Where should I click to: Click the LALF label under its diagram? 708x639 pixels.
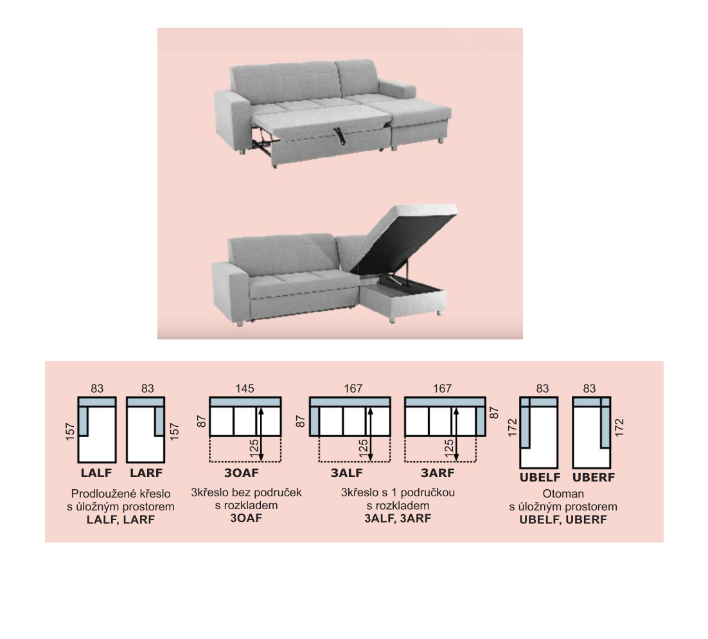click(x=96, y=473)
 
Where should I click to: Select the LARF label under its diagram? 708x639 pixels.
click(x=146, y=473)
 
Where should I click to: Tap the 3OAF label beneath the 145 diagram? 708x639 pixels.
click(x=242, y=473)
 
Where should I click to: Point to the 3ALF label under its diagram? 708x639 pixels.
click(x=347, y=473)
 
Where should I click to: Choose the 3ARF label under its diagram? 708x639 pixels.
click(x=438, y=473)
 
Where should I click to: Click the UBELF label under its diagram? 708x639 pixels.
click(x=540, y=478)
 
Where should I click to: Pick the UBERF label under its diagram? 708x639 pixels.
click(x=593, y=478)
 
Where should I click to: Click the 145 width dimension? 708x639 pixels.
click(x=245, y=389)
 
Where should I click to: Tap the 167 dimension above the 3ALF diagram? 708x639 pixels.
click(x=353, y=389)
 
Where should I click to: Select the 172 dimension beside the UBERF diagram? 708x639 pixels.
click(x=619, y=428)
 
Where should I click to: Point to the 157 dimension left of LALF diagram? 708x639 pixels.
click(x=70, y=431)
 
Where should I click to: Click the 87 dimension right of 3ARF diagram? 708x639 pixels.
click(x=494, y=413)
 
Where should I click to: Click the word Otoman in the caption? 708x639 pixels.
click(x=563, y=494)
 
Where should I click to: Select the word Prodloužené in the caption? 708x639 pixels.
click(x=98, y=494)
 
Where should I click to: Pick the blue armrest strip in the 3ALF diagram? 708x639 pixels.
click(x=315, y=421)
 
